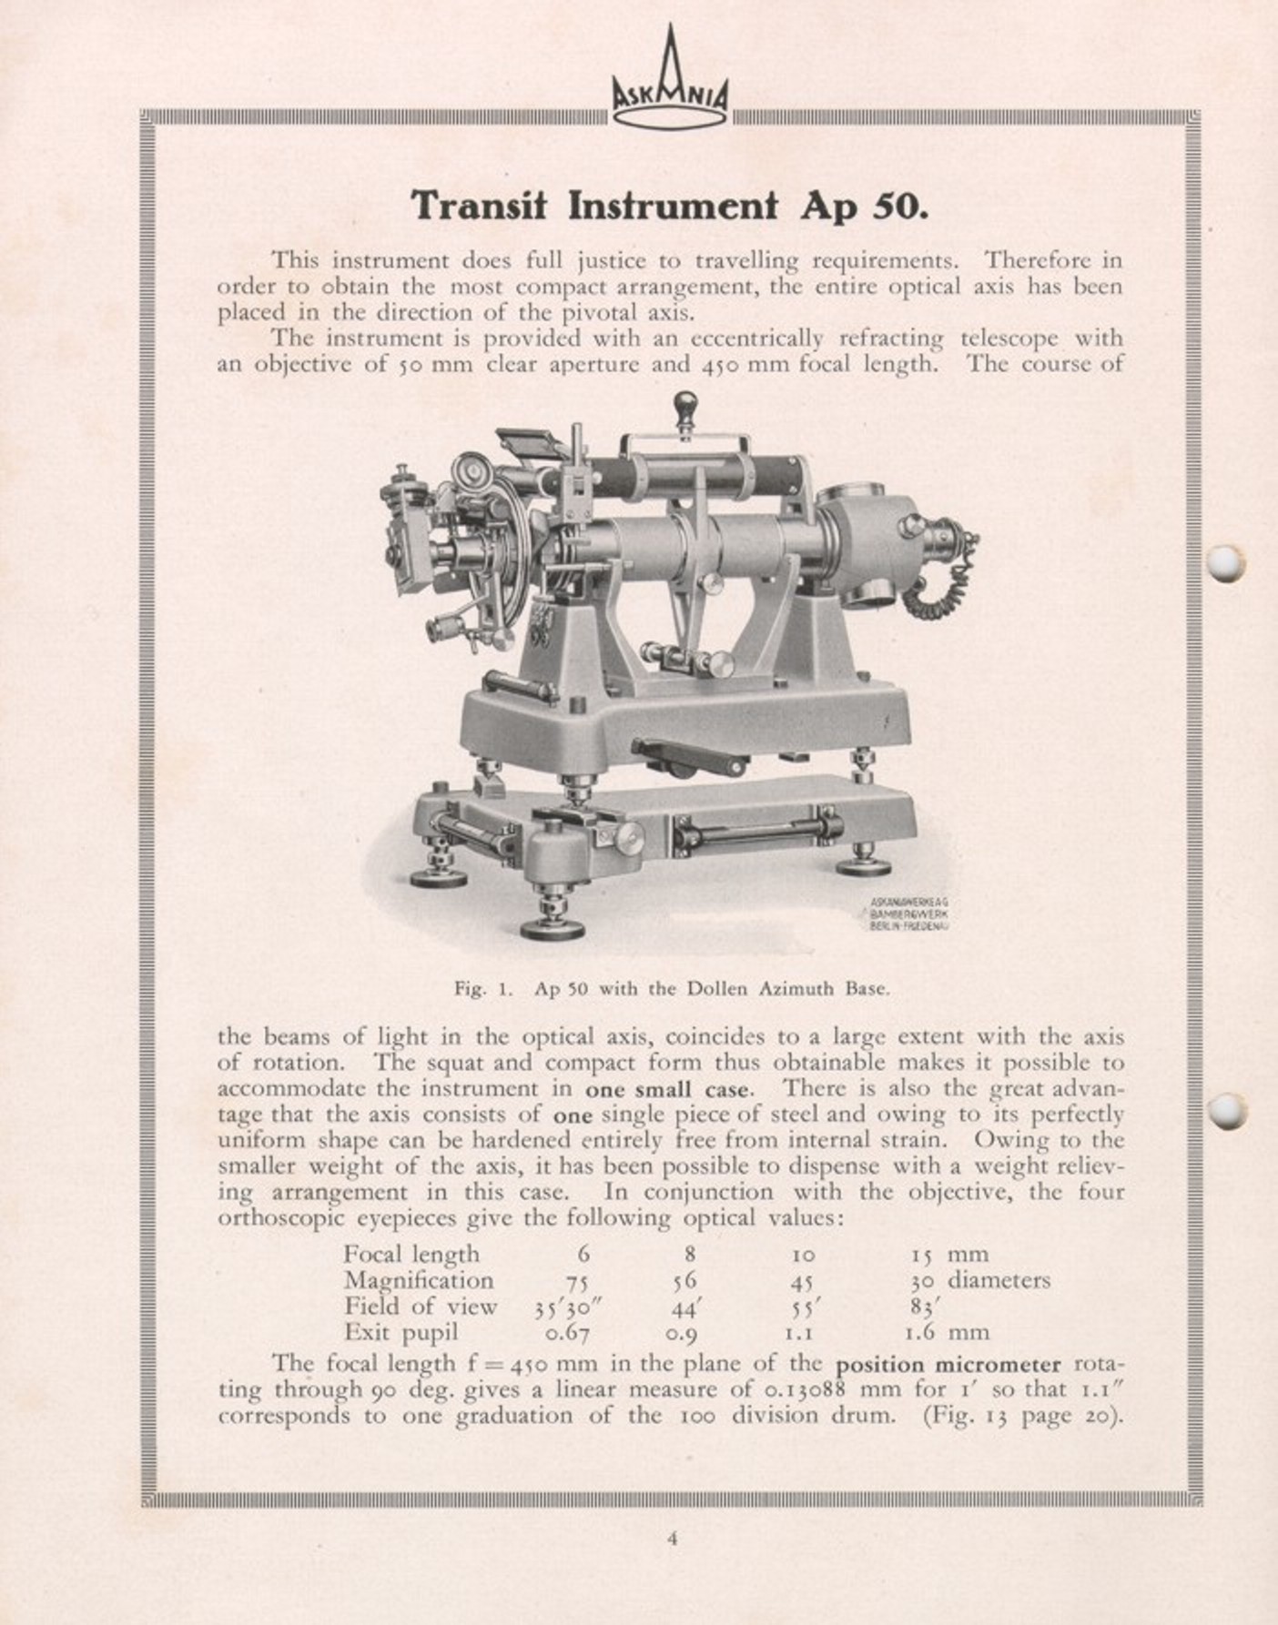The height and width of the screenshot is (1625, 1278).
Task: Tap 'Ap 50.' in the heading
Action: click(x=864, y=207)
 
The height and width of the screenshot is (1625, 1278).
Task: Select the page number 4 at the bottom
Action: click(x=672, y=1539)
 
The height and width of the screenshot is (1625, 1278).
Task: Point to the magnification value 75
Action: click(x=576, y=1282)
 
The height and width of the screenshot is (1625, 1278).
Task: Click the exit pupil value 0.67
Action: click(x=567, y=1334)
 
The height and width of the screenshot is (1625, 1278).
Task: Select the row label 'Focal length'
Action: click(x=411, y=1255)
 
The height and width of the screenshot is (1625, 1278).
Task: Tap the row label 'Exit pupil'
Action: click(x=401, y=1333)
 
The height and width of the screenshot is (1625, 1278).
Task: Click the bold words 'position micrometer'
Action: click(x=948, y=1365)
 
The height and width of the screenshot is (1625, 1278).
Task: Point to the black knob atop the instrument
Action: click(x=683, y=401)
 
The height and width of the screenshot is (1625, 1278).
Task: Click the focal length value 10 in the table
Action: click(x=802, y=1256)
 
